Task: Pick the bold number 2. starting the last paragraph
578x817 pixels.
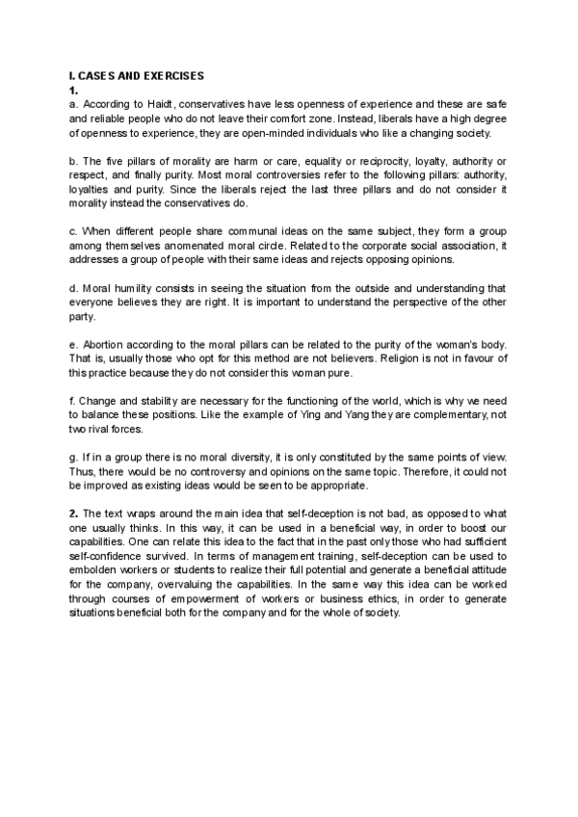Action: point(74,513)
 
